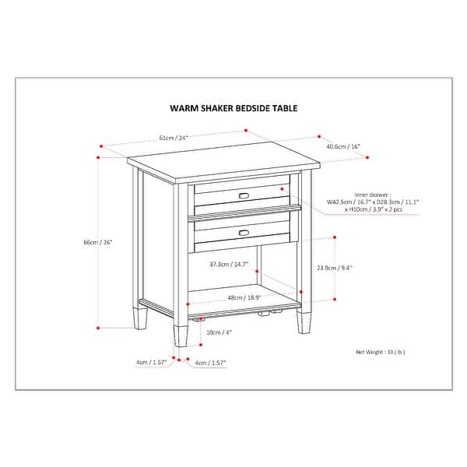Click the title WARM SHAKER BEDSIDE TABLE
click(234, 109)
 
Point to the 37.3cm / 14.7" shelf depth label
click(229, 265)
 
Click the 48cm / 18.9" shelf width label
click(244, 297)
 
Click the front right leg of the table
click(304, 319)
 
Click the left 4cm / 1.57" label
click(149, 363)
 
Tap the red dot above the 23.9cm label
click(335, 236)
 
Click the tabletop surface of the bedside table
click(226, 160)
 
